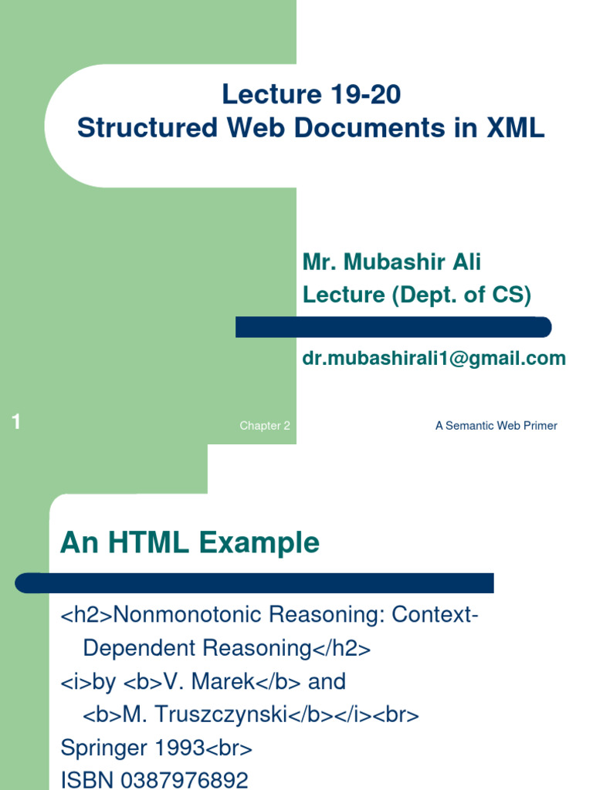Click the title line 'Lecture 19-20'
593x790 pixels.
[x=311, y=95]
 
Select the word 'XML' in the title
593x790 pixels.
[x=515, y=128]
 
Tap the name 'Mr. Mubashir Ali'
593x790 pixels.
[x=391, y=262]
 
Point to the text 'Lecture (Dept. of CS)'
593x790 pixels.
[x=417, y=295]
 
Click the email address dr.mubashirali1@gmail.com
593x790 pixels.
[x=433, y=359]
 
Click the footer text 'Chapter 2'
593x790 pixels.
[x=265, y=426]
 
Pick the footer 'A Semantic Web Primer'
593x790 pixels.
[x=496, y=426]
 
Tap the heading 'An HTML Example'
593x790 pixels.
[x=189, y=543]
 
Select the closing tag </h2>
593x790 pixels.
[x=342, y=649]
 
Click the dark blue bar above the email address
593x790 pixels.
[x=393, y=327]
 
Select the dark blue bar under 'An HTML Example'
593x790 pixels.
[x=255, y=582]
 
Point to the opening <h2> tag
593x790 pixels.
[x=86, y=615]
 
